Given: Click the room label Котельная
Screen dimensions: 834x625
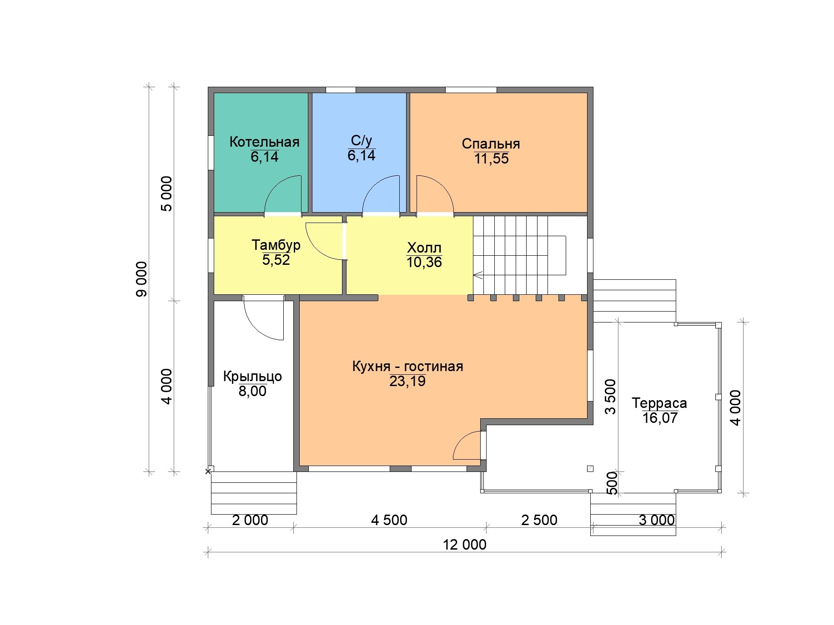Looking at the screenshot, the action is pyautogui.click(x=264, y=142).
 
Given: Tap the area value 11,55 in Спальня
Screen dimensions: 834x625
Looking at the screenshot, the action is pyautogui.click(x=491, y=159).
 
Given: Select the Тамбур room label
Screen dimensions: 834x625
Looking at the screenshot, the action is pyautogui.click(x=276, y=245).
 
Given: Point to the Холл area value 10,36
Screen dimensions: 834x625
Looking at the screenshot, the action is pyautogui.click(x=424, y=262).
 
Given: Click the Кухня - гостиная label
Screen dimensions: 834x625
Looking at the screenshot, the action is pyautogui.click(x=407, y=366).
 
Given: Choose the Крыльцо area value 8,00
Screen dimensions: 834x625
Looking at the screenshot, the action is pyautogui.click(x=252, y=391).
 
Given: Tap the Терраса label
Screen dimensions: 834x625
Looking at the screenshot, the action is pyautogui.click(x=659, y=403).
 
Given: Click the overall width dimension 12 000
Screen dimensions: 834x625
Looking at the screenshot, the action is pyautogui.click(x=464, y=544).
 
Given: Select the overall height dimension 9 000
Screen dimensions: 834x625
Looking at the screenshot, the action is pyautogui.click(x=141, y=279).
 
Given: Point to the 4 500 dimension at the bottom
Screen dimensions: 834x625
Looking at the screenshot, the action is pyautogui.click(x=389, y=520).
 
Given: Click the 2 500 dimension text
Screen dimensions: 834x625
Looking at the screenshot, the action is pyautogui.click(x=539, y=520).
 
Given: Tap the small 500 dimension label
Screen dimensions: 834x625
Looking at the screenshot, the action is pyautogui.click(x=612, y=482).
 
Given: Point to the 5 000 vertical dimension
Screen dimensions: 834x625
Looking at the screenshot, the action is pyautogui.click(x=167, y=193).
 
